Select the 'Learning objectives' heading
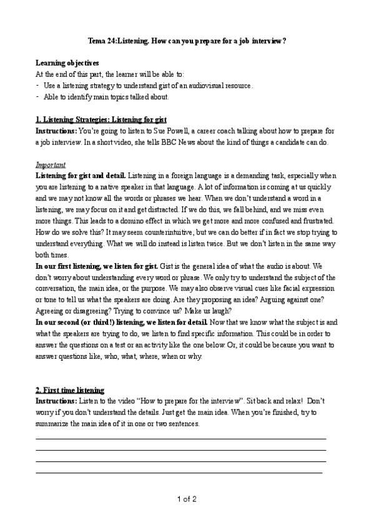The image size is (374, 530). click(67, 63)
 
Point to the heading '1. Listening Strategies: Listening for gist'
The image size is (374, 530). click(101, 119)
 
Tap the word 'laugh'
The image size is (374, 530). click(219, 311)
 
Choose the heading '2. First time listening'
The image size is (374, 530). click(70, 390)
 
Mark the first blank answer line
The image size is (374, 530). click(181, 438)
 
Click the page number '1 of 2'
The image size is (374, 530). click(187, 499)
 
